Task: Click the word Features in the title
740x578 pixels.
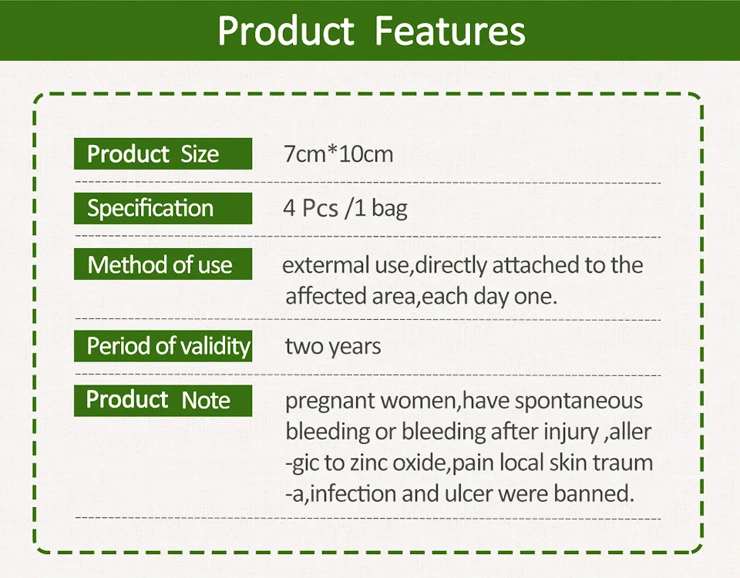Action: click(x=449, y=31)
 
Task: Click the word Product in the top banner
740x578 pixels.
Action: click(x=285, y=31)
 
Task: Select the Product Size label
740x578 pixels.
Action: click(x=163, y=154)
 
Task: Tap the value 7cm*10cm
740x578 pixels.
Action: click(x=338, y=154)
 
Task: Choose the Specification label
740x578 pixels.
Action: click(x=163, y=208)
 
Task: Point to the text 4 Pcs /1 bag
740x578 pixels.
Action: click(x=345, y=208)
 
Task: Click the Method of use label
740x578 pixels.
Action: click(x=163, y=264)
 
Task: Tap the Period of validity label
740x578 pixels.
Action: click(x=163, y=346)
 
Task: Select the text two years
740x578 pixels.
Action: click(x=333, y=346)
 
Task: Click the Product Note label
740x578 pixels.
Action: click(x=163, y=400)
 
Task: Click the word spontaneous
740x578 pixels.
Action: click(x=579, y=402)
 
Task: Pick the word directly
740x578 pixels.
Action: click(x=451, y=265)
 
